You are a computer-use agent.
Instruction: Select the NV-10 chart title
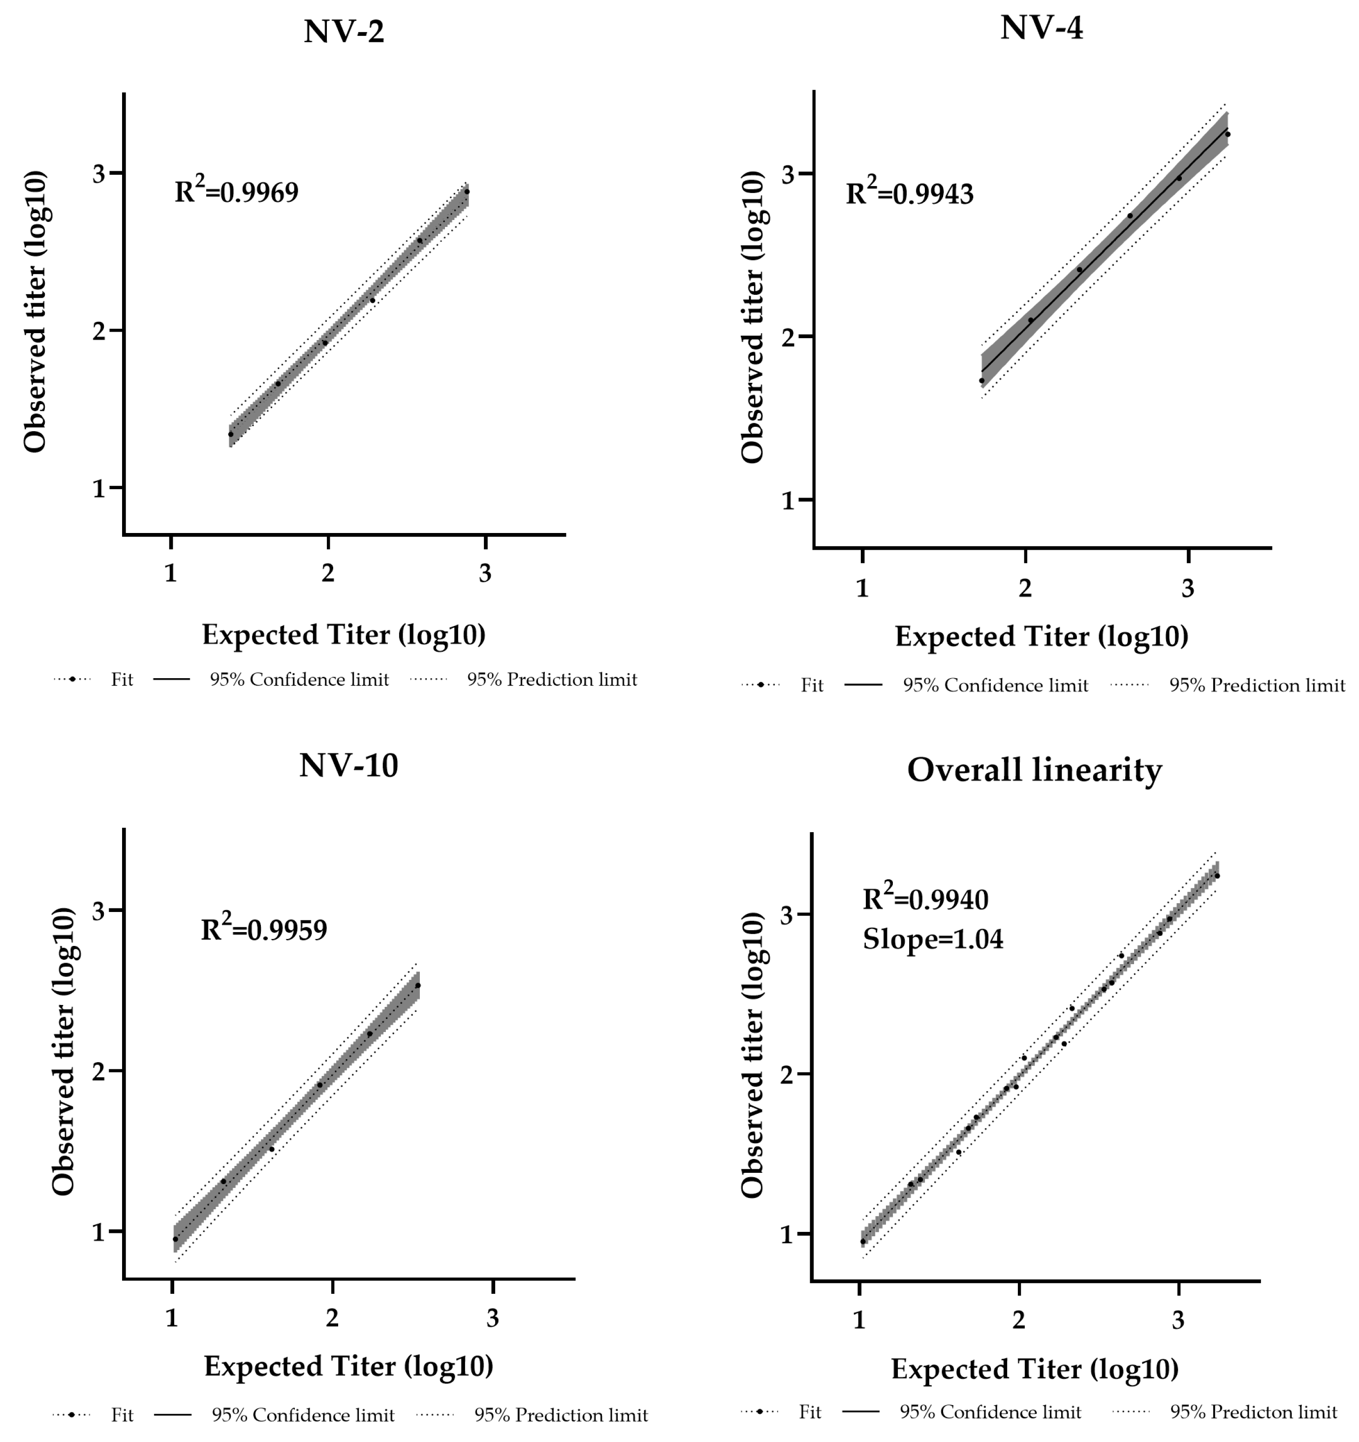(x=348, y=765)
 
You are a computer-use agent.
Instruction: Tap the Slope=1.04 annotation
(x=932, y=940)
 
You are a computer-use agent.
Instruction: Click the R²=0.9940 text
(x=925, y=900)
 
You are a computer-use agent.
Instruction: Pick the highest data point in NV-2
(x=467, y=192)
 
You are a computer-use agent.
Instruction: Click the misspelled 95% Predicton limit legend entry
(x=1253, y=1412)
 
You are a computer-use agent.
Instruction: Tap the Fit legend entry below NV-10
(x=122, y=1415)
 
